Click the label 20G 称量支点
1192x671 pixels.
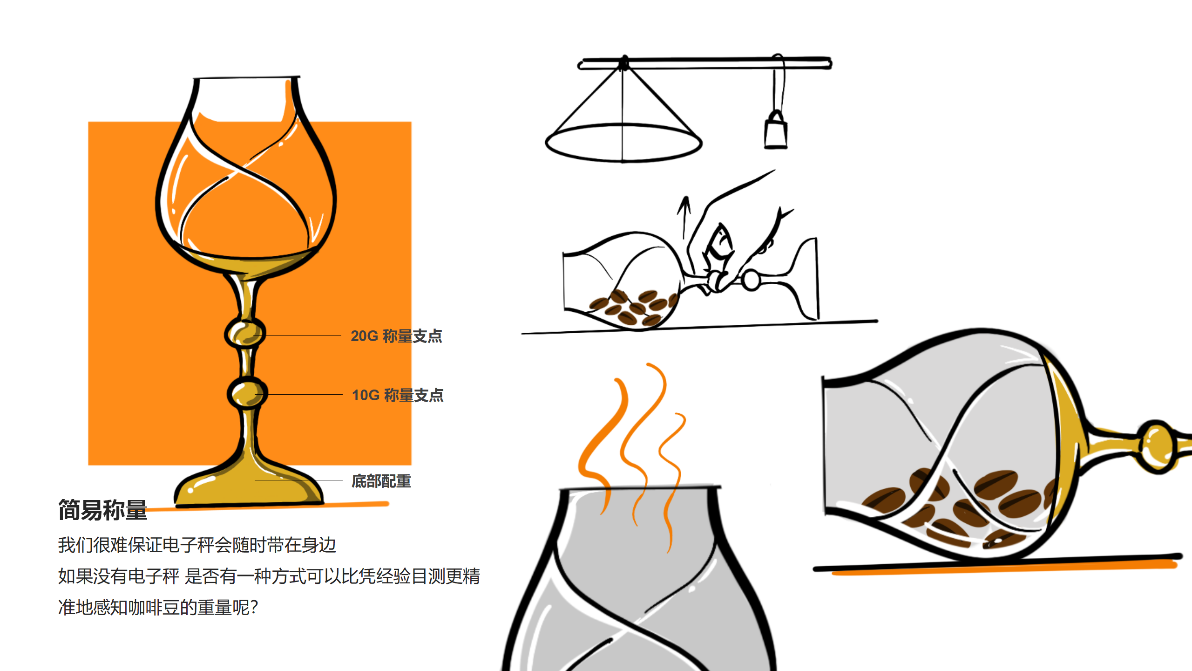pos(396,336)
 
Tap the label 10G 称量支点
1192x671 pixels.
pos(397,395)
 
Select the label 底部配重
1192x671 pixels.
pos(381,481)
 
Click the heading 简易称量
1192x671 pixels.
pos(102,510)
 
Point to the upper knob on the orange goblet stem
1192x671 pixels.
pos(245,333)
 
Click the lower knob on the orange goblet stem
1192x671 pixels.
pos(247,393)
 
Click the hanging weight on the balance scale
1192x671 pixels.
pos(776,132)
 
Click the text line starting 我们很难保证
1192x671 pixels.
pos(197,545)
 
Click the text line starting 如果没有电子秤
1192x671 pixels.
pos(269,576)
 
